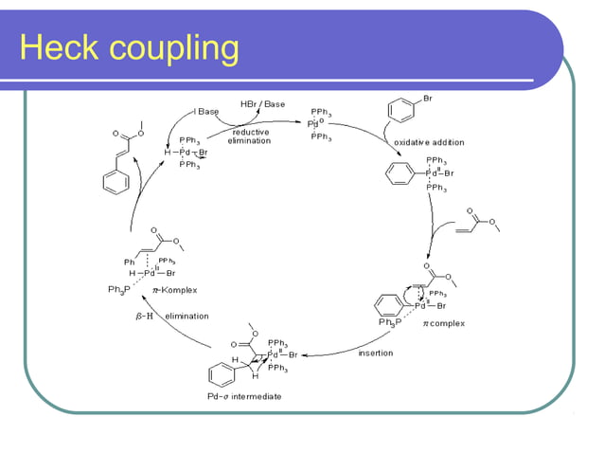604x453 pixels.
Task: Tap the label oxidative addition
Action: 425,140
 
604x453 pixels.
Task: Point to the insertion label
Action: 376,353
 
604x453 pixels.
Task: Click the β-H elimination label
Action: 165,317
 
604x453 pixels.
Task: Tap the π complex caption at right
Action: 444,323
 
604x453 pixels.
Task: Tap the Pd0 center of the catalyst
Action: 312,124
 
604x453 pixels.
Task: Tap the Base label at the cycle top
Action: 207,112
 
